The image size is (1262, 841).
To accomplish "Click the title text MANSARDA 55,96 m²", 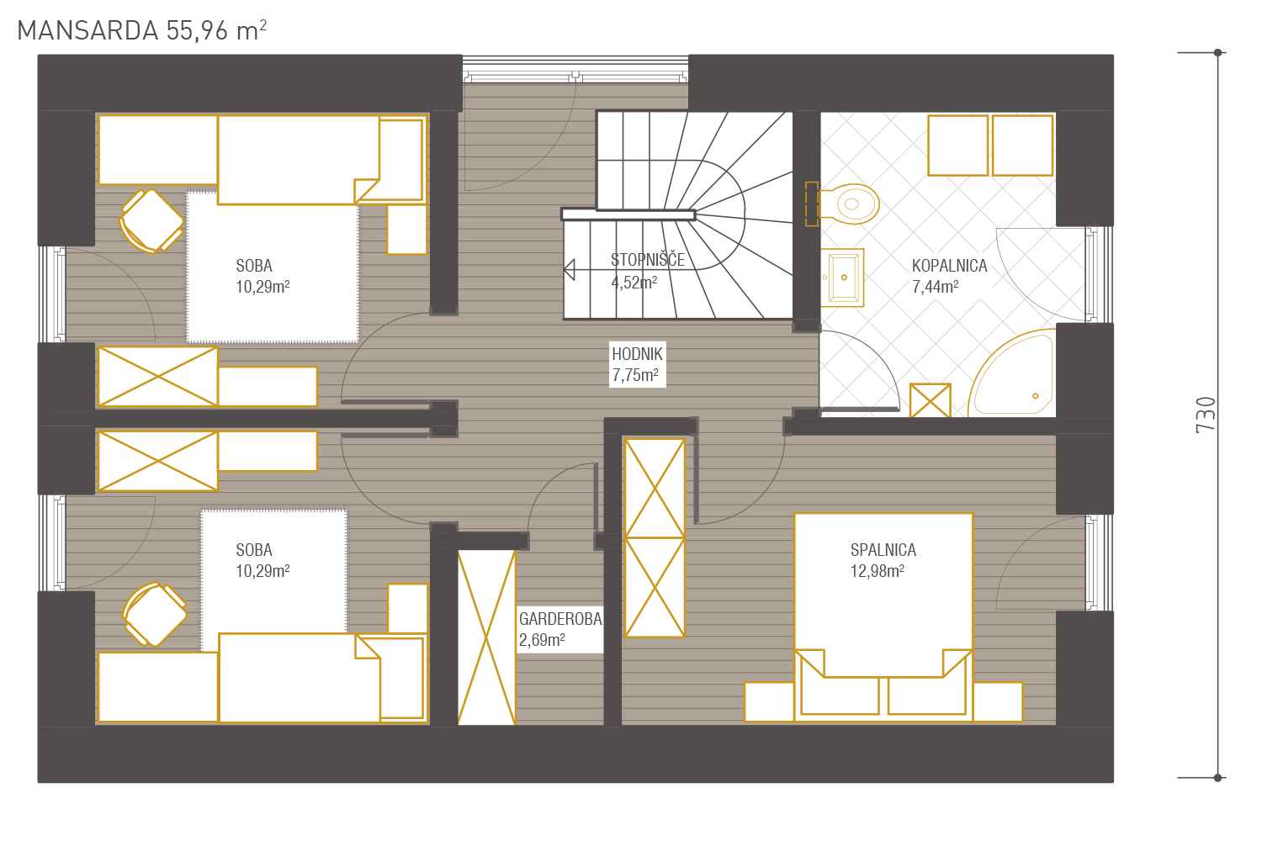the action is click(x=141, y=30).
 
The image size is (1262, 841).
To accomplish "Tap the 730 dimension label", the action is click(x=1206, y=415).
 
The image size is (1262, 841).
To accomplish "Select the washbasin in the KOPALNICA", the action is click(x=842, y=278).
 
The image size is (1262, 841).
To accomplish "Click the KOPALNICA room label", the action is click(x=949, y=266).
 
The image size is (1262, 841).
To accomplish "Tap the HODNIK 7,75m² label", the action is click(x=637, y=364).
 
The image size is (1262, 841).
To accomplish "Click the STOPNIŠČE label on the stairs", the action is click(x=648, y=260).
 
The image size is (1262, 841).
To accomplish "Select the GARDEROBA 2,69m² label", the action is click(x=560, y=629).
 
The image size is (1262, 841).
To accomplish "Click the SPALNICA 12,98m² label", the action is click(x=883, y=560).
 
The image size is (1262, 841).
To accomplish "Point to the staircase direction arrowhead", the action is click(x=570, y=270).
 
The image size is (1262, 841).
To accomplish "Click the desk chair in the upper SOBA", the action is click(x=151, y=221).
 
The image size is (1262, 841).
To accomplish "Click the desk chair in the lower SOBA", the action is click(x=154, y=614).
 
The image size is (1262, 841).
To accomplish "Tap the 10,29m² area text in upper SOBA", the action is click(x=262, y=287).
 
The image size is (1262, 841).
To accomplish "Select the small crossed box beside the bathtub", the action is click(x=931, y=400).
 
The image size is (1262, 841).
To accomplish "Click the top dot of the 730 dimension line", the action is click(x=1217, y=52).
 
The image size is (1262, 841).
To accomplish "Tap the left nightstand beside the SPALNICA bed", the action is click(x=769, y=702).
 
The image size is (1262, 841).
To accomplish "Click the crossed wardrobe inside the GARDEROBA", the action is click(x=487, y=637).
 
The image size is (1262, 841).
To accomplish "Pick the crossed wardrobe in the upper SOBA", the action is click(x=158, y=376).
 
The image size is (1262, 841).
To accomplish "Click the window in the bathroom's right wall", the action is click(x=1099, y=274).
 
